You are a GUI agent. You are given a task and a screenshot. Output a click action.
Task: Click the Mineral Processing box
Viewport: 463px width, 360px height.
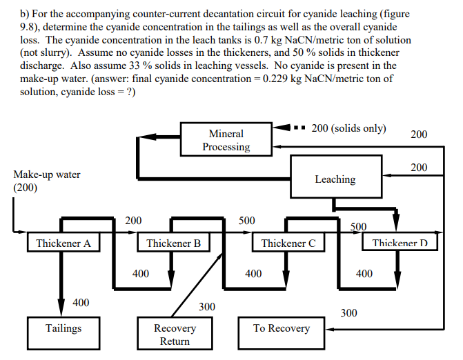tap(226, 140)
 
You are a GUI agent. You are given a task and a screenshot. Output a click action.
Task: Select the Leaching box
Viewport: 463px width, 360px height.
tap(335, 179)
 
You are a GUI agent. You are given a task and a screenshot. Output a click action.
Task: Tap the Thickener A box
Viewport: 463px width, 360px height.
tap(63, 243)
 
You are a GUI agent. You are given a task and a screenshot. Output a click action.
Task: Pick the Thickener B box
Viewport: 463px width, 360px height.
tap(174, 243)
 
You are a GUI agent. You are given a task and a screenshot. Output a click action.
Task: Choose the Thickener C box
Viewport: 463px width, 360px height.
tap(288, 243)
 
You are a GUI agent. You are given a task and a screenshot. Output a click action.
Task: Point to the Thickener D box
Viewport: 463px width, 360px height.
tap(400, 243)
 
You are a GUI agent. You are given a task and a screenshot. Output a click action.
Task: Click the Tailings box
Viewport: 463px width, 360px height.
tap(63, 328)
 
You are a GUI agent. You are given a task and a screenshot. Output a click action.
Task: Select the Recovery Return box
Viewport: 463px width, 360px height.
tap(175, 334)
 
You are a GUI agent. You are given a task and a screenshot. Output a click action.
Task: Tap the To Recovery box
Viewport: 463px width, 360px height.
tap(282, 328)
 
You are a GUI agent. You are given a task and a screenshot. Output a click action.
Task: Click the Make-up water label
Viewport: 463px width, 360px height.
tap(46, 174)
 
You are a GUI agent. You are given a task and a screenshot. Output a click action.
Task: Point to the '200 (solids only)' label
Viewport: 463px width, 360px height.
tap(348, 129)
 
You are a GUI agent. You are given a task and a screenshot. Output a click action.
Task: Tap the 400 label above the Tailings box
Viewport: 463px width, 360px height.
tap(81, 302)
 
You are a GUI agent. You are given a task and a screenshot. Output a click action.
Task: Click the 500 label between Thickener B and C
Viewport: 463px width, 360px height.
tap(246, 221)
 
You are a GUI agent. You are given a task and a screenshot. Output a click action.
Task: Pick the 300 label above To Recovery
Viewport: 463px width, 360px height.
tap(348, 312)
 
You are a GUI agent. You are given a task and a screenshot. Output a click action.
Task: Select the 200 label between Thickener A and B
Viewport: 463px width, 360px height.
tap(133, 221)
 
